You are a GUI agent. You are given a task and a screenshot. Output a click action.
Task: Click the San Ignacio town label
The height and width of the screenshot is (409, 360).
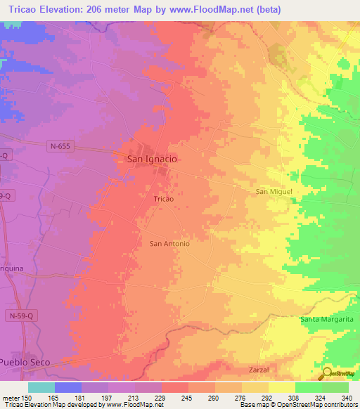(151, 160)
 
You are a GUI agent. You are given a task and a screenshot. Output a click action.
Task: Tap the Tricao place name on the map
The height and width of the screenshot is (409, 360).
(163, 200)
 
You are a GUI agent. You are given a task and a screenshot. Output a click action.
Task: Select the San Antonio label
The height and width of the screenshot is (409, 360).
(169, 244)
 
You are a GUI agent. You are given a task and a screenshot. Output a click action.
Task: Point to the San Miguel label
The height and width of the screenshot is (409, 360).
(273, 191)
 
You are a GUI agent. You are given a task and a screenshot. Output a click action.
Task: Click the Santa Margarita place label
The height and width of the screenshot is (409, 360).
(326, 320)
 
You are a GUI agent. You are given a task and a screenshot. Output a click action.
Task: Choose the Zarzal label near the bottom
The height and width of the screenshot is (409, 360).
(259, 369)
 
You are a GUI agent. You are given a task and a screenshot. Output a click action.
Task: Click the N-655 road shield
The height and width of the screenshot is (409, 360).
(61, 146)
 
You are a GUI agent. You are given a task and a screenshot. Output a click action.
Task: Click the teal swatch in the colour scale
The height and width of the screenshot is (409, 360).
(41, 387)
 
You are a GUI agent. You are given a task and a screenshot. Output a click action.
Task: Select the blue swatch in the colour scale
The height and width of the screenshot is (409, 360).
(68, 387)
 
